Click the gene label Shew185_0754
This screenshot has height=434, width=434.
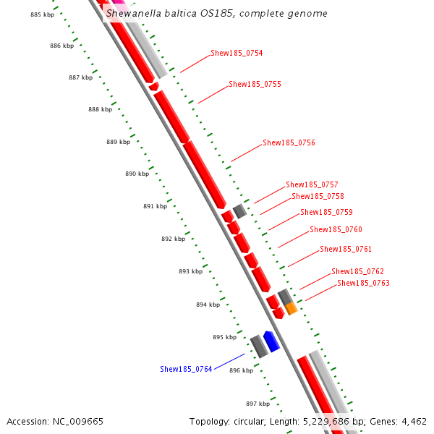pyautogui.click(x=237, y=53)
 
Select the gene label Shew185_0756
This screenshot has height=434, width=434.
pyautogui.click(x=289, y=143)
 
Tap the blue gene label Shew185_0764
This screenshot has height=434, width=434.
pyautogui.click(x=186, y=369)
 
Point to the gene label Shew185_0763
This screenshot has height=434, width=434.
pyautogui.click(x=363, y=283)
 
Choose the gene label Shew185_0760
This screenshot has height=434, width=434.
pyautogui.click(x=336, y=229)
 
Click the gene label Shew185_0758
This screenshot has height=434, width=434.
pyautogui.click(x=318, y=196)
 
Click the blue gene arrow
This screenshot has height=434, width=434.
pyautogui.click(x=271, y=341)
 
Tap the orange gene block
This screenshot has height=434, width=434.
pyautogui.click(x=291, y=309)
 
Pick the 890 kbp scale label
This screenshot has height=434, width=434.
pyautogui.click(x=137, y=174)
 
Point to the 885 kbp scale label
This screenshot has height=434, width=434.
pyautogui.click(x=42, y=14)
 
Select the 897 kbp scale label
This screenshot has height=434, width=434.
pyautogui.click(x=258, y=404)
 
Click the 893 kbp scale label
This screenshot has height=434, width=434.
pyautogui.click(x=190, y=271)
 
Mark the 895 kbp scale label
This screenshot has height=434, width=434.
pyautogui.click(x=224, y=337)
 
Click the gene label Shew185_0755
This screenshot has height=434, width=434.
pyautogui.click(x=255, y=84)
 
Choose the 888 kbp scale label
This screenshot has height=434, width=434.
pyautogui.click(x=100, y=109)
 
